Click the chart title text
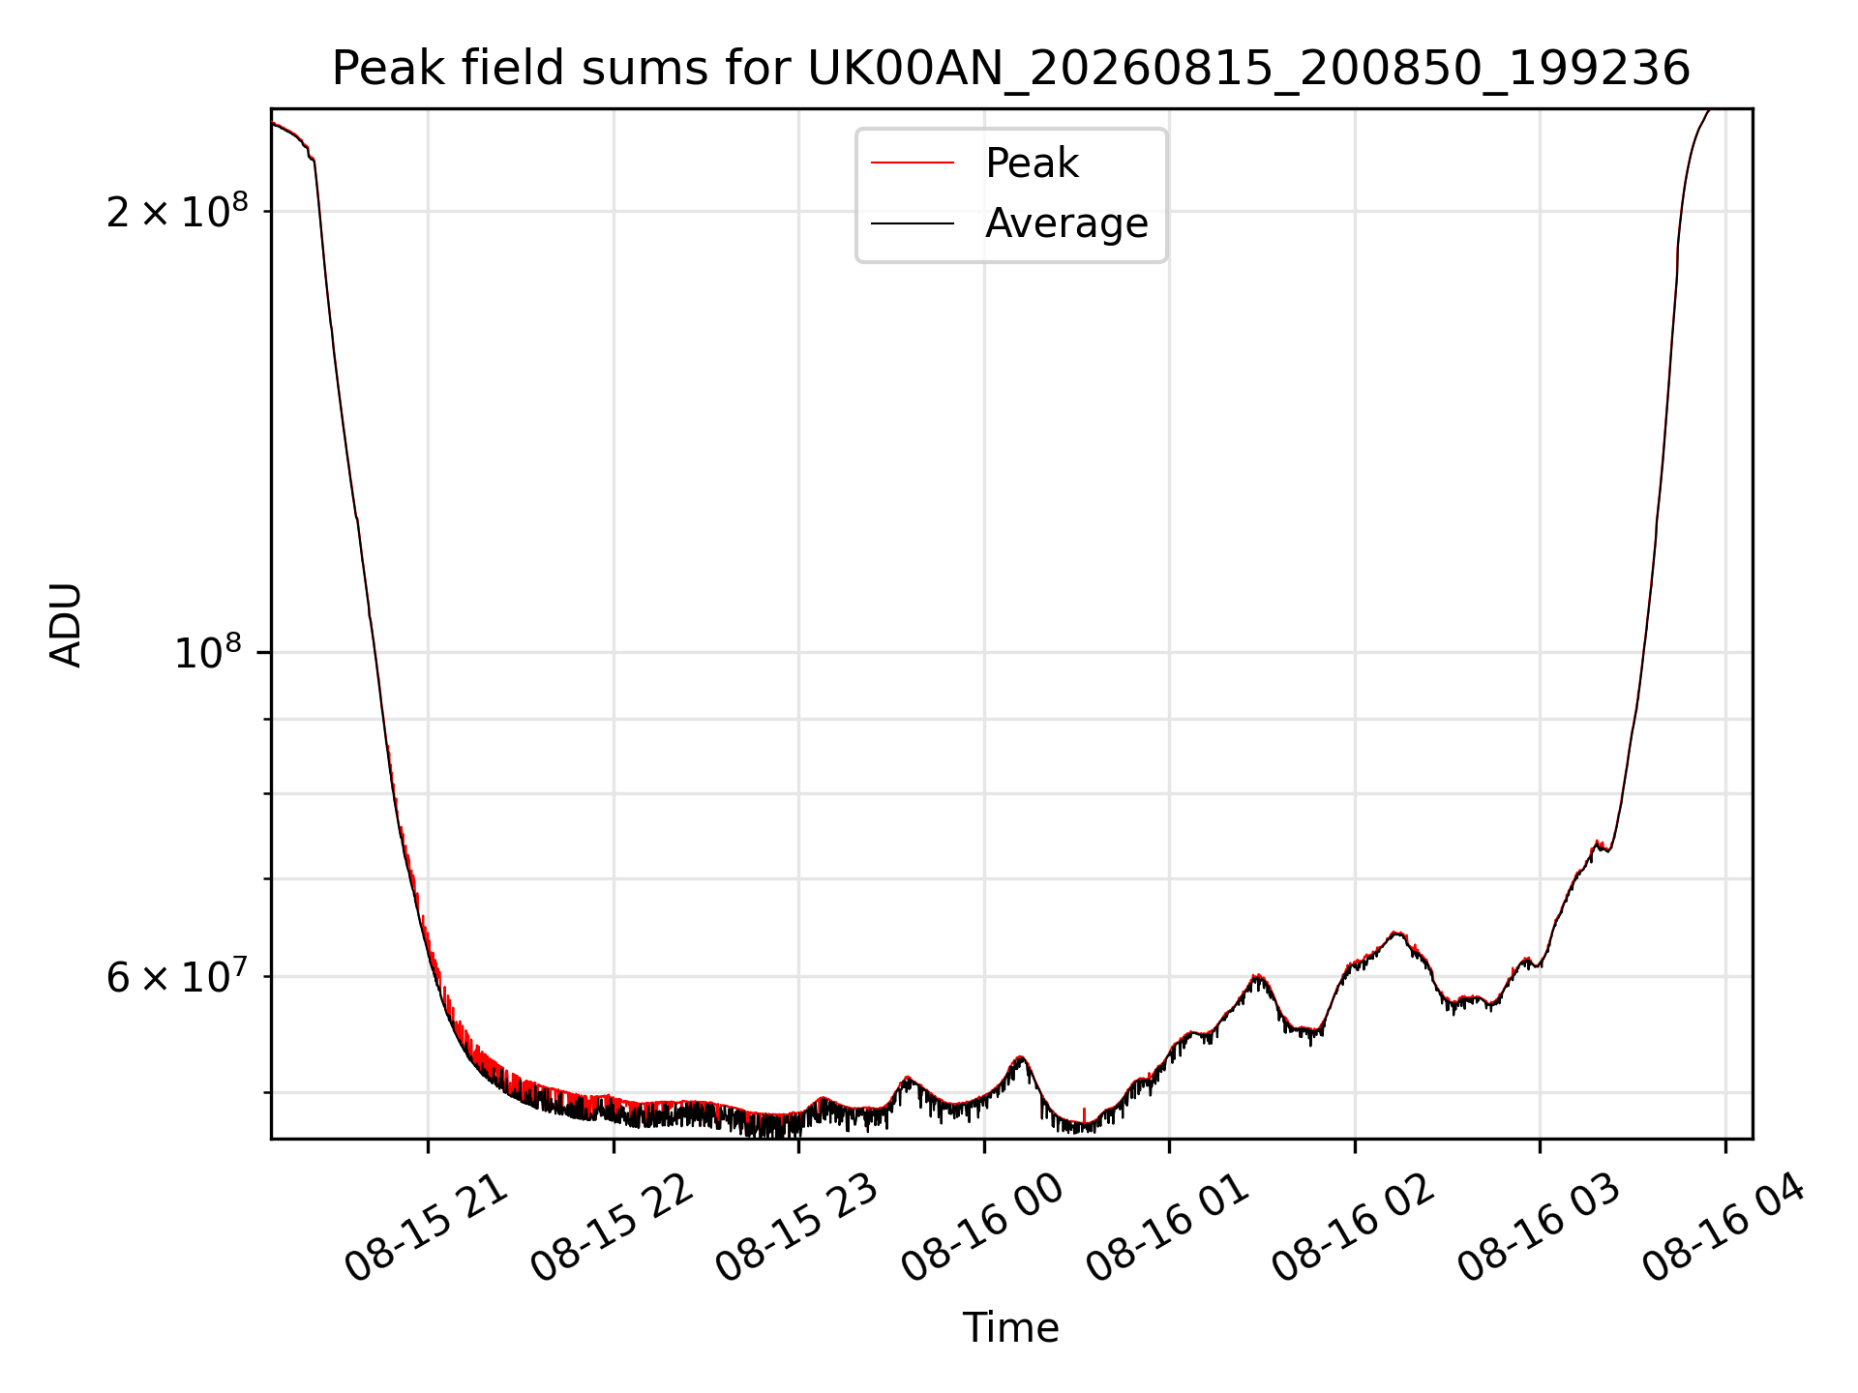pyautogui.click(x=1010, y=69)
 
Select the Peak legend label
pyautogui.click(x=1032, y=163)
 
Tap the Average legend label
pyautogui.click(x=1066, y=223)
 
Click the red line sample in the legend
pyautogui.click(x=913, y=163)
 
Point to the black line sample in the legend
pyautogui.click(x=913, y=223)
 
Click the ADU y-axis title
pyautogui.click(x=66, y=624)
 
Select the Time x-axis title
pyautogui.click(x=1010, y=1327)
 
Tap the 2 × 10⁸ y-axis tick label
pyautogui.click(x=177, y=210)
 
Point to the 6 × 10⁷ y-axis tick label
pyautogui.click(x=177, y=976)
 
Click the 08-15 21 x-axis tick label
pyautogui.click(x=426, y=1228)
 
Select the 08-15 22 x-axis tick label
pyautogui.click(x=612, y=1228)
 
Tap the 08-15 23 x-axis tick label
pyautogui.click(x=796, y=1228)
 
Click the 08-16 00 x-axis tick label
pyautogui.click(x=982, y=1228)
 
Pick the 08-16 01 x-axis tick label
pyautogui.click(x=1167, y=1228)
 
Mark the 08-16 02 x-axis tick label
pyautogui.click(x=1353, y=1228)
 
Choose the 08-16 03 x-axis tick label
pyautogui.click(x=1538, y=1228)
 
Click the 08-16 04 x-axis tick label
pyautogui.click(x=1723, y=1228)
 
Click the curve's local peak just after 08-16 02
pyautogui.click(x=1395, y=933)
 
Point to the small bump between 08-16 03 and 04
pyautogui.click(x=1599, y=844)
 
